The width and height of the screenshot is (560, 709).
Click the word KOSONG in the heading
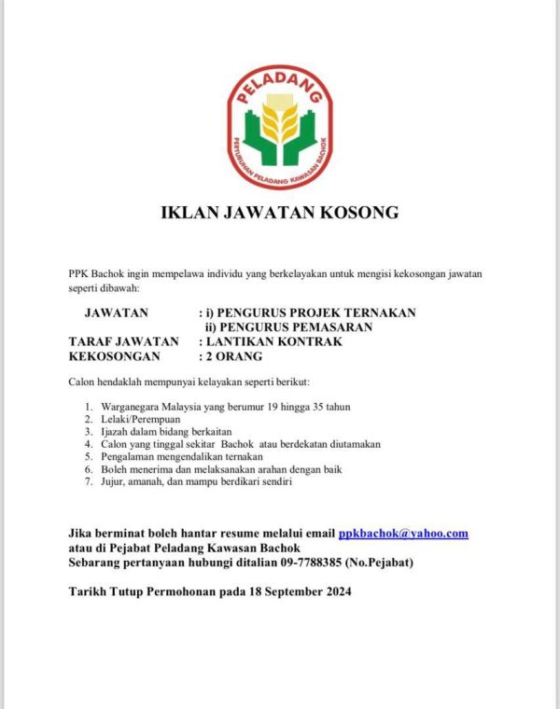coord(357,213)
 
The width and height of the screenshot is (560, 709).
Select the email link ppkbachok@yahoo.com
coord(403,534)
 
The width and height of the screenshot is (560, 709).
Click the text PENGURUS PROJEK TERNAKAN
coord(316,312)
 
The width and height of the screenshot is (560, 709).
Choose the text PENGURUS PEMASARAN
coord(295,327)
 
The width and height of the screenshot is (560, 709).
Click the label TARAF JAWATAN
coord(123,341)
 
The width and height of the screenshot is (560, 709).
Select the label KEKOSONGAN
coord(116,356)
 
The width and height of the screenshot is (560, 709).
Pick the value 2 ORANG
coord(234,356)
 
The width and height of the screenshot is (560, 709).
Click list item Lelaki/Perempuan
coord(142,420)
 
